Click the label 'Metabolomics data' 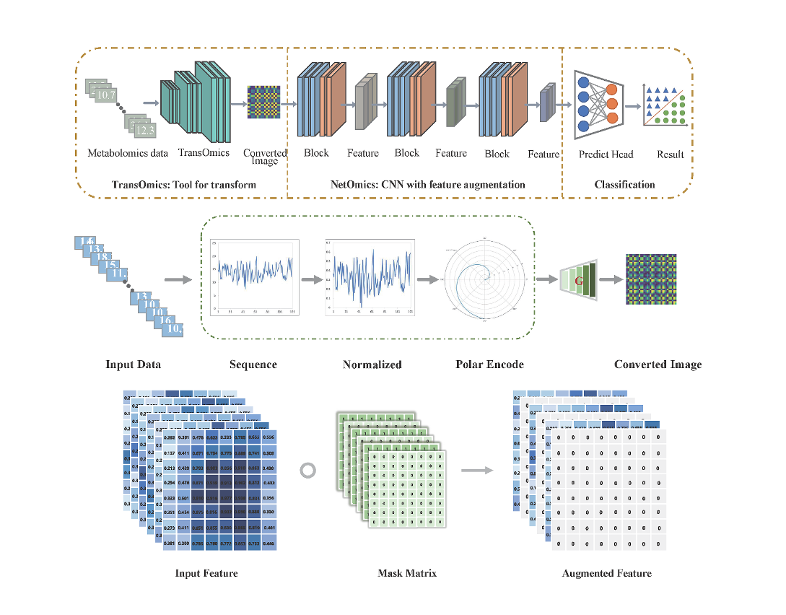(128, 153)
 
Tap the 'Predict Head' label (605, 154)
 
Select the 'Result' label (671, 154)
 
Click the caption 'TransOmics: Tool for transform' (184, 185)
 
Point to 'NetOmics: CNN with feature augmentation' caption (428, 185)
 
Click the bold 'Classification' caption (624, 185)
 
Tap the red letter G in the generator (578, 280)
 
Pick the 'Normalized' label (372, 365)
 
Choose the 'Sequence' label (253, 365)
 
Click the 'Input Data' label (133, 365)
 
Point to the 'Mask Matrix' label (407, 574)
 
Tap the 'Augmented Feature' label (606, 574)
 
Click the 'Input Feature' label (206, 574)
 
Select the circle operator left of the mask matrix (307, 471)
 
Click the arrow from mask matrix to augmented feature (473, 471)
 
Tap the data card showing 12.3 (144, 131)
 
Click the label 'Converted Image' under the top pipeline (265, 157)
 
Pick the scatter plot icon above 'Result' (664, 105)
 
